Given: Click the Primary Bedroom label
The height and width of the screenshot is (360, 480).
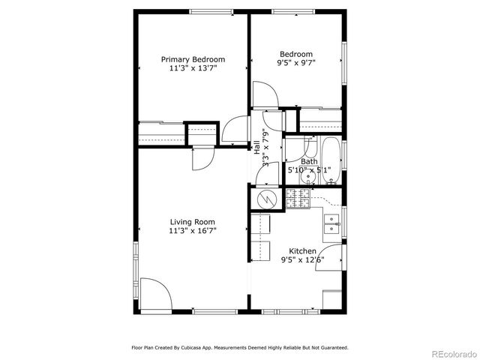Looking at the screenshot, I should tap(193, 59).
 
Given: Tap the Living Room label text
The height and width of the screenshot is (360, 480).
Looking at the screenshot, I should tap(193, 221).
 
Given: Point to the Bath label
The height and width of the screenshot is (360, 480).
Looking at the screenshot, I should tap(309, 161).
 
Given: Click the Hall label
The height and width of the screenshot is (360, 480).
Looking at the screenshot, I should tap(256, 147).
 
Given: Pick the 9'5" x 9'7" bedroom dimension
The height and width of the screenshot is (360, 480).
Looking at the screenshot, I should tap(296, 64).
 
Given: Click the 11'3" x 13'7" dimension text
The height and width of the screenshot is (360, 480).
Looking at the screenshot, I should tap(193, 68).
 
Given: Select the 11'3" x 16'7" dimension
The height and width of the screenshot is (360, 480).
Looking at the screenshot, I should tap(193, 231).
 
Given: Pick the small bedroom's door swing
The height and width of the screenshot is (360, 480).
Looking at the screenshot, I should tap(266, 95).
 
